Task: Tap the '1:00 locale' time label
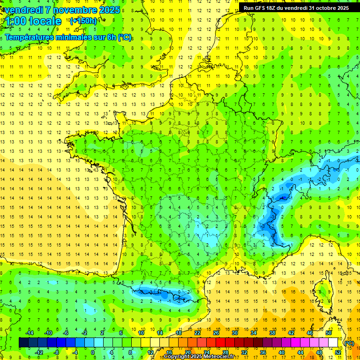[33, 22]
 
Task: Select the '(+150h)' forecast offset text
[83, 21]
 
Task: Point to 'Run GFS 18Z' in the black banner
[262, 8]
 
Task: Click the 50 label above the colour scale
[329, 333]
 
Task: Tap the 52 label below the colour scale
[338, 352]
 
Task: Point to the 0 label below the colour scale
[92, 352]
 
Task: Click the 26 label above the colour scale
[216, 333]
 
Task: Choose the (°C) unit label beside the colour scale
[349, 343]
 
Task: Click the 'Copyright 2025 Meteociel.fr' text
[202, 357]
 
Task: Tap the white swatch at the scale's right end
[333, 343]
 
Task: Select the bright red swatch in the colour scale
[221, 343]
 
